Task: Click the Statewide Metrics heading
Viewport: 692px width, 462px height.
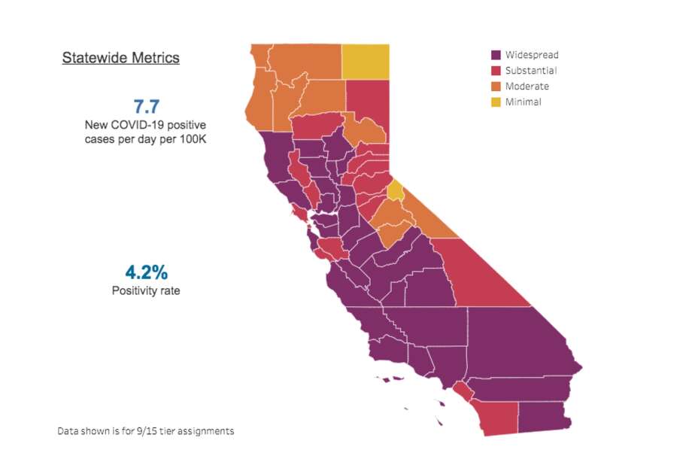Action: click(x=120, y=58)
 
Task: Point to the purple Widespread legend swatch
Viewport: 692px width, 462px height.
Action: click(x=496, y=55)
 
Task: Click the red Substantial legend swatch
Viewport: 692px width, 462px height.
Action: click(x=496, y=71)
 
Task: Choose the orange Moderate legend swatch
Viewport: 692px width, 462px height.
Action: click(x=496, y=87)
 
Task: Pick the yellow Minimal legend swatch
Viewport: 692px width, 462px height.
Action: click(x=496, y=102)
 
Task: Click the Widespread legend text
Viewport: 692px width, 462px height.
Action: click(x=532, y=55)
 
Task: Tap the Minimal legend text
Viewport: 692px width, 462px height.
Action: click(x=524, y=102)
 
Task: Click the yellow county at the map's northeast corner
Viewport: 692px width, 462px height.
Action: click(x=366, y=62)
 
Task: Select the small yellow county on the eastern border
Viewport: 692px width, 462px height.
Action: click(x=396, y=190)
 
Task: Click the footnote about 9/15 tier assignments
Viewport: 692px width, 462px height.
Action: click(x=145, y=431)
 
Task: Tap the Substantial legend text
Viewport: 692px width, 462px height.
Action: click(x=531, y=71)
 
